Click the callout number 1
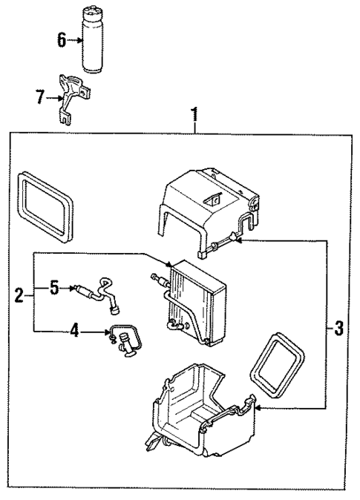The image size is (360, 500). coord(194,115)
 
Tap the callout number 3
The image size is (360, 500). coord(338,328)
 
